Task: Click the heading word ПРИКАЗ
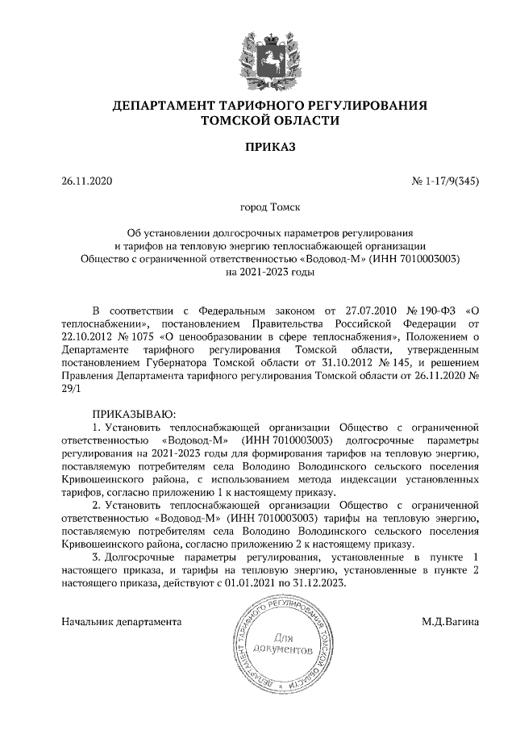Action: tap(258, 148)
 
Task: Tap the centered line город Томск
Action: tap(258, 207)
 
